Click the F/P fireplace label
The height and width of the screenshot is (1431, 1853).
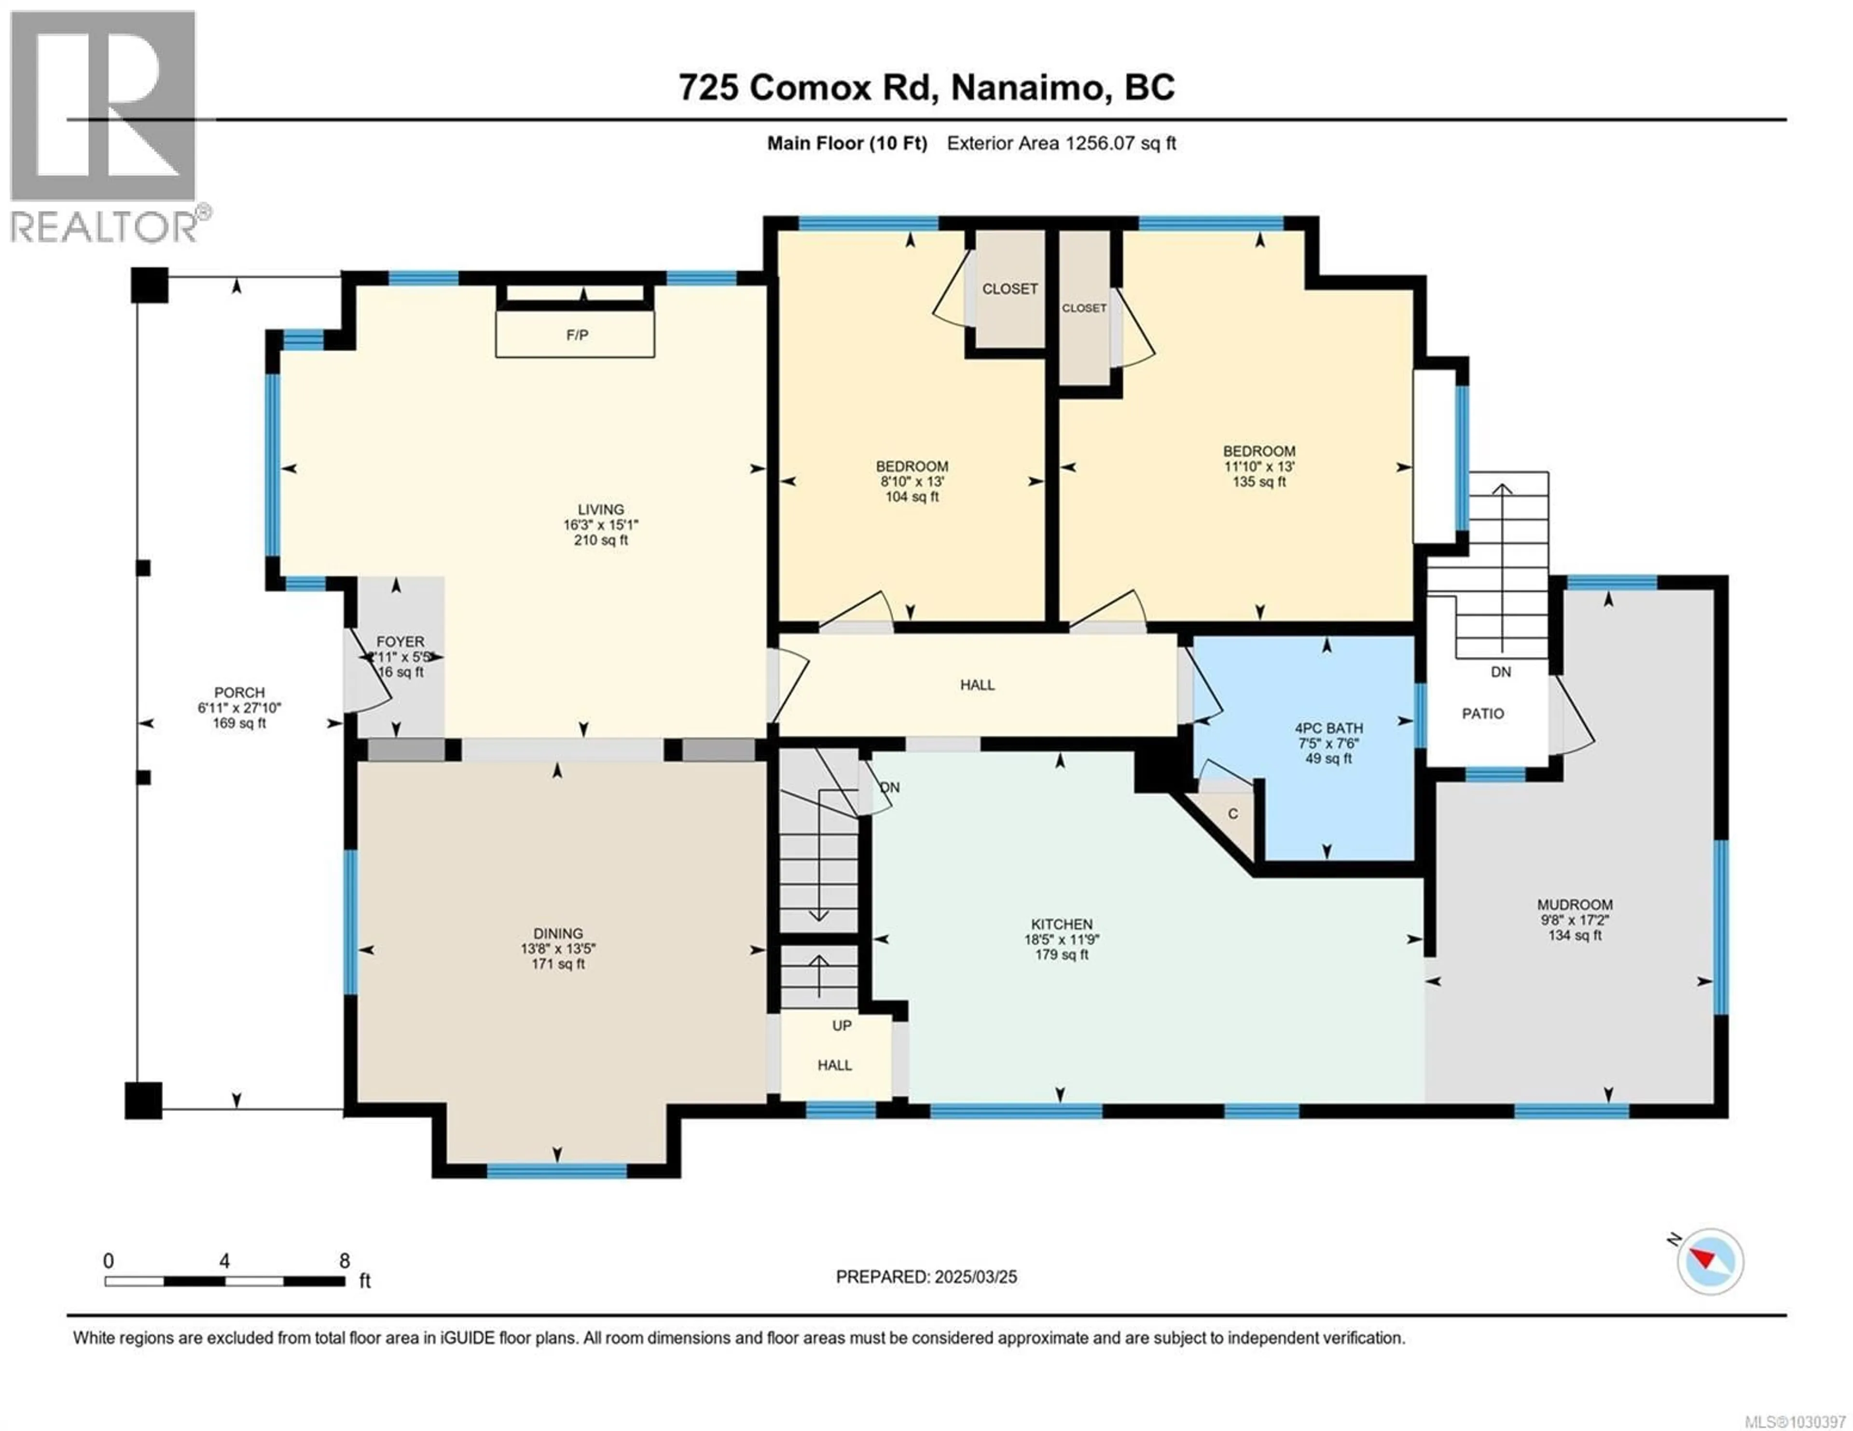point(577,335)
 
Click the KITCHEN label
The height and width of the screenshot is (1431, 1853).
point(1062,924)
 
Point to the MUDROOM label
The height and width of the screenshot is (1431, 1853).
point(1575,904)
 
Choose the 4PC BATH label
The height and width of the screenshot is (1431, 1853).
point(1328,728)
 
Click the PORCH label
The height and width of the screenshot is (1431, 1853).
point(239,692)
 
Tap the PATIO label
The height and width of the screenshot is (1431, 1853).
point(1482,713)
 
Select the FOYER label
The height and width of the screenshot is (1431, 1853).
point(401,642)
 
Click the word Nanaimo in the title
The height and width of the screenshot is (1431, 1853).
point(1026,87)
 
